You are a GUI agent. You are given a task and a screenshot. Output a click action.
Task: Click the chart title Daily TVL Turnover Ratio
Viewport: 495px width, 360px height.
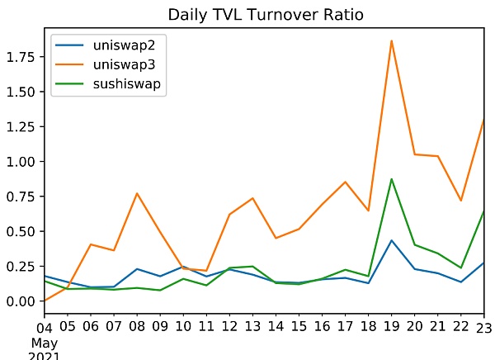[264, 15]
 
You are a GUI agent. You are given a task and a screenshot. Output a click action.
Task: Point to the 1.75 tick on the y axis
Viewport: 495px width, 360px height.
[21, 57]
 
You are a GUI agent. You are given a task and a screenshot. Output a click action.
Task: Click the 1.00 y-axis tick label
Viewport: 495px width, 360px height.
[21, 161]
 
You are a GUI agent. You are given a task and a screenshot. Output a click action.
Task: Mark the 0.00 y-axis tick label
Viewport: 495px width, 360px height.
[21, 301]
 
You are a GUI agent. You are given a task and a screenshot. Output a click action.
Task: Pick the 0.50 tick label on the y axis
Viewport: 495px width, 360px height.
[21, 231]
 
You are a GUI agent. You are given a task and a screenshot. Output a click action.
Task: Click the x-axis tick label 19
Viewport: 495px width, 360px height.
[391, 328]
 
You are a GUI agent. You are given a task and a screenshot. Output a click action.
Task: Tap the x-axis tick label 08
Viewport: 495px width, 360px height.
[137, 328]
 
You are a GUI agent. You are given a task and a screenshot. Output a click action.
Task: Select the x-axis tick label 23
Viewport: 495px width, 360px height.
[483, 328]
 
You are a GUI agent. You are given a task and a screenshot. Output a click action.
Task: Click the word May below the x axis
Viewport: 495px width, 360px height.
[45, 342]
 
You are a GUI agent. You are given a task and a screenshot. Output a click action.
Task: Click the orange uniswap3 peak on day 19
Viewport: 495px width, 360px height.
[391, 40]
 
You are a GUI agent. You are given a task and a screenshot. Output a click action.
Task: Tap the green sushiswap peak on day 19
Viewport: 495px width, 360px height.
[391, 179]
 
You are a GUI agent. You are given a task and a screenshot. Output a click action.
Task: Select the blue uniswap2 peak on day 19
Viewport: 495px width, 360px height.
[391, 240]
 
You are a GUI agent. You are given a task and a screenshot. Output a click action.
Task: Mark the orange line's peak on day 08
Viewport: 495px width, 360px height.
[137, 193]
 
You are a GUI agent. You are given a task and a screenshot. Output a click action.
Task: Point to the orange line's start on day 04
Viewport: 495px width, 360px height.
[45, 301]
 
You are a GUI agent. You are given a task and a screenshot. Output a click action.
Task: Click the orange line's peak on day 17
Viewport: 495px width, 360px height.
[345, 182]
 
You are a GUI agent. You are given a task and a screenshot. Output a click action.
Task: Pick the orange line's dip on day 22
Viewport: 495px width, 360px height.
[460, 201]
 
